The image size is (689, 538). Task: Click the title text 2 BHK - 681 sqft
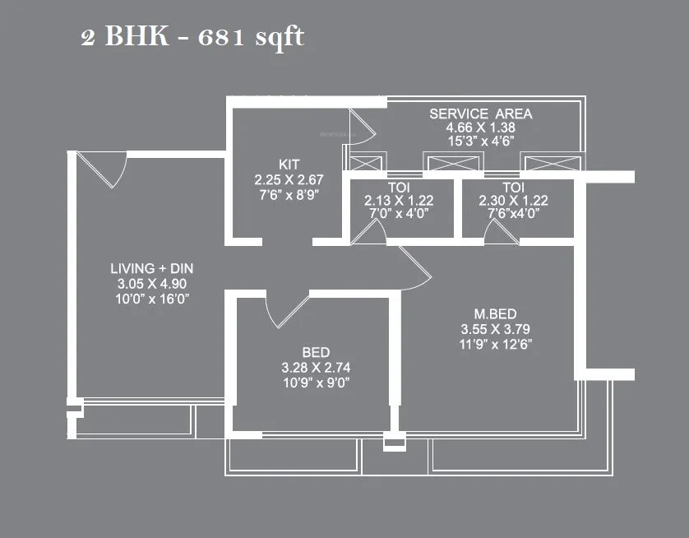click(x=192, y=37)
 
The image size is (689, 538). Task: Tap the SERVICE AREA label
click(x=481, y=114)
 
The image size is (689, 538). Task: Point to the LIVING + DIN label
click(x=152, y=269)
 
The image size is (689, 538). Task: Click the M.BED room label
click(x=495, y=313)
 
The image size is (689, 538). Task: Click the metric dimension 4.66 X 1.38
click(x=481, y=128)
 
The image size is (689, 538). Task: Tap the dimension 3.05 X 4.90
click(x=152, y=284)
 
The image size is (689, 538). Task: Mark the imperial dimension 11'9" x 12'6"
click(x=495, y=345)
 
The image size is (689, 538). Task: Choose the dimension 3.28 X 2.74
click(x=316, y=367)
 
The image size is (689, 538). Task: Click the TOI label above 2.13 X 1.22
click(x=399, y=186)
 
